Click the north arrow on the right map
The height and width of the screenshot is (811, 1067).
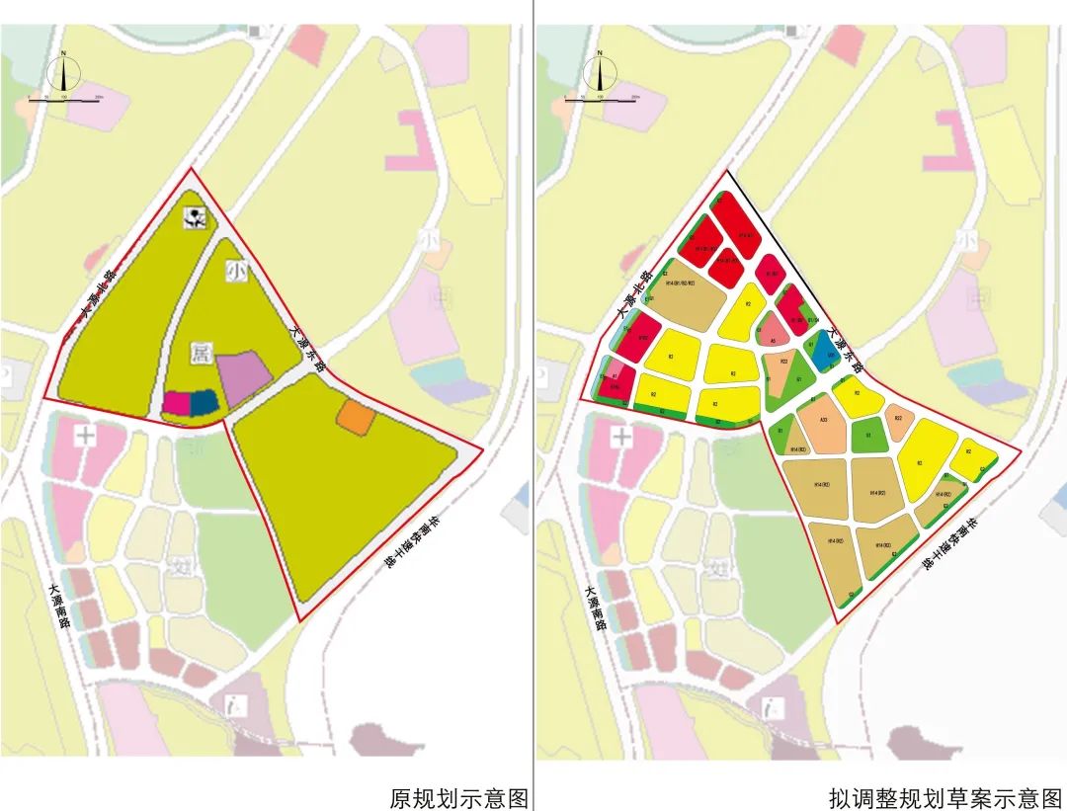point(600,73)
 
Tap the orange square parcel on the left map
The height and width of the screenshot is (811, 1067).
point(356,417)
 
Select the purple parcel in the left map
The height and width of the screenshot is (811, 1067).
point(243,377)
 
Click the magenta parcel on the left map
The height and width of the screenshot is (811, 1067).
point(176,403)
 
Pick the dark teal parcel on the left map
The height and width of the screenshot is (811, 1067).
point(204,403)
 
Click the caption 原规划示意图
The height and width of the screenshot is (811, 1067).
point(458,797)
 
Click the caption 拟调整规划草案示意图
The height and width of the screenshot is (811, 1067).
point(945,797)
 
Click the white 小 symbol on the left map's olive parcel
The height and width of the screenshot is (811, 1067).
point(235,269)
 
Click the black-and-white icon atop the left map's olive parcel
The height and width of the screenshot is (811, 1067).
point(198,219)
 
